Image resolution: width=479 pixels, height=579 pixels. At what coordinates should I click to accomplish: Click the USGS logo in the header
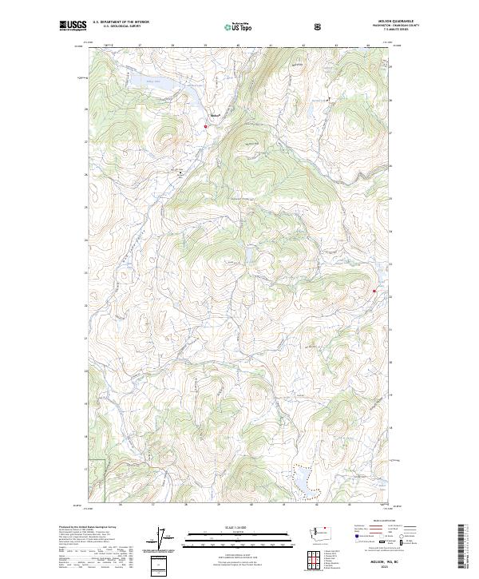73,26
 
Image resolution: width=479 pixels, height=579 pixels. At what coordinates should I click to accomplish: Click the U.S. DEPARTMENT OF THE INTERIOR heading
121,22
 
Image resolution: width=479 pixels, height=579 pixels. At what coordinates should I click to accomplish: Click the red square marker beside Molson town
205,125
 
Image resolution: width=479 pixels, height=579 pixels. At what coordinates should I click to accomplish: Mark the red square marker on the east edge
374,291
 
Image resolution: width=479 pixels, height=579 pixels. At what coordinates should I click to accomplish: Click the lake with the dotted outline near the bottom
305,482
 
